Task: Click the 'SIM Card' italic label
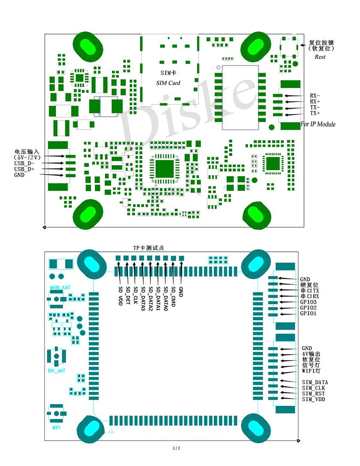pyautogui.click(x=168, y=83)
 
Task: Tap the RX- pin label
pyautogui.click(x=315, y=96)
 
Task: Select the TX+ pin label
pyautogui.click(x=315, y=113)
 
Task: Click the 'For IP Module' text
pyautogui.click(x=318, y=124)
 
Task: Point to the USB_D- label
pyautogui.click(x=24, y=164)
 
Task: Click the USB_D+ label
pyautogui.click(x=24, y=169)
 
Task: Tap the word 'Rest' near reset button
pyautogui.click(x=320, y=57)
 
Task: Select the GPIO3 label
pyautogui.click(x=308, y=302)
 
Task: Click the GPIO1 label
pyautogui.click(x=308, y=314)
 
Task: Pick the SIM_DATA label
pyautogui.click(x=315, y=382)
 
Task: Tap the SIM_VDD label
pyautogui.click(x=313, y=399)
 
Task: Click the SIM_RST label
pyautogui.click(x=313, y=394)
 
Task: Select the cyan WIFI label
pyautogui.click(x=56, y=428)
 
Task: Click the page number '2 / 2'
pyautogui.click(x=176, y=448)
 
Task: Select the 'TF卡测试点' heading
pyautogui.click(x=149, y=248)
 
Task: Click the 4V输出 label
pyautogui.click(x=311, y=354)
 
